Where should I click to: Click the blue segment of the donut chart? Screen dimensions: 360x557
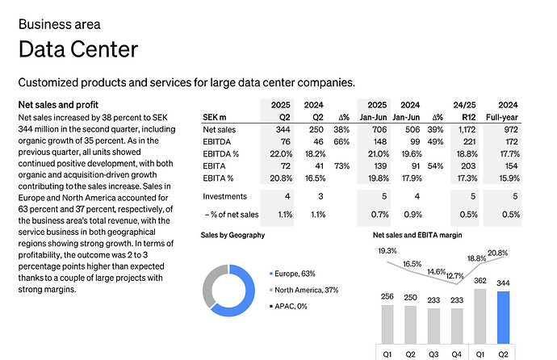pos(263,299)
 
